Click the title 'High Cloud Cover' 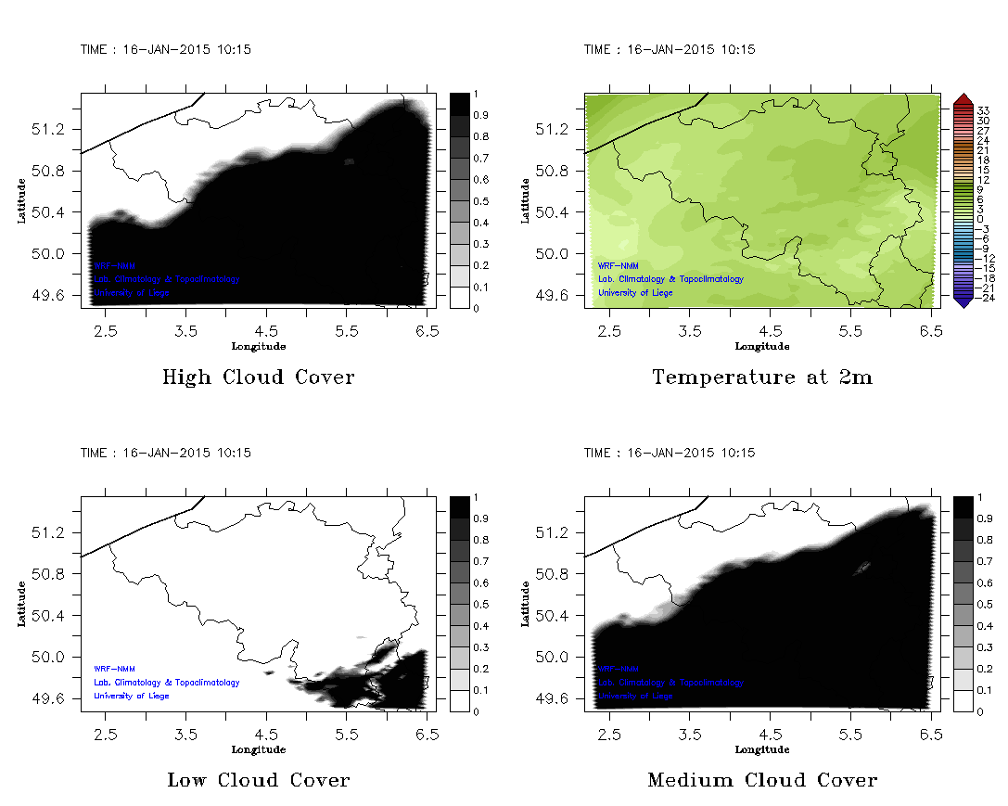[x=258, y=377]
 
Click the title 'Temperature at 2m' [x=762, y=377]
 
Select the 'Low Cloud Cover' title [x=258, y=780]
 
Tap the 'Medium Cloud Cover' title [x=762, y=780]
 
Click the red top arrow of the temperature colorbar [x=963, y=99]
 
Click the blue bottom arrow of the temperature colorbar [x=963, y=300]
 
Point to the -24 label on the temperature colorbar [x=986, y=298]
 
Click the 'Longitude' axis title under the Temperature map [x=762, y=346]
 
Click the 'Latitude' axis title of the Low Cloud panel [x=22, y=604]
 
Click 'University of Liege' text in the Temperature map [x=635, y=293]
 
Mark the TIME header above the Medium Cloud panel [x=669, y=453]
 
